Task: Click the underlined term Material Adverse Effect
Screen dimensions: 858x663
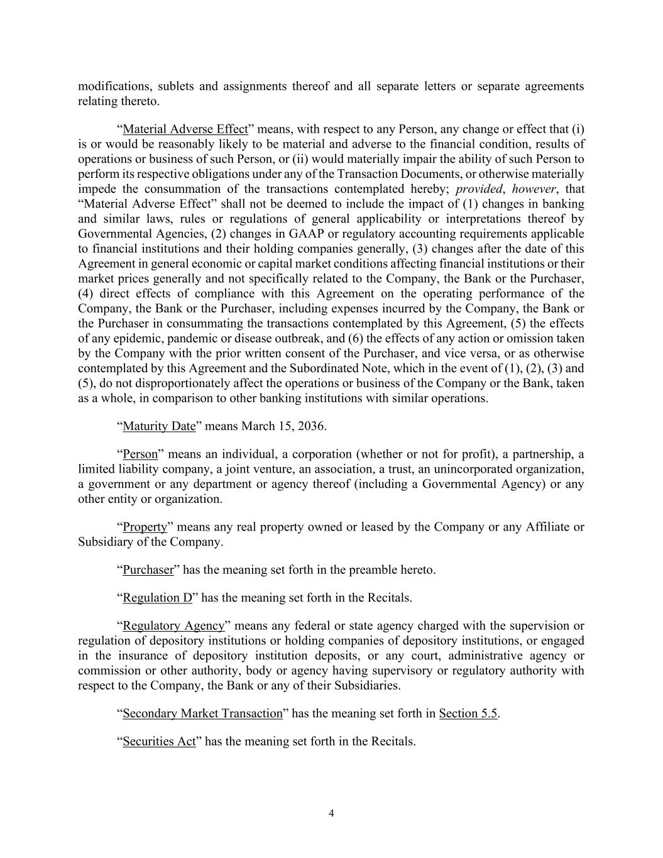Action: coord(185,129)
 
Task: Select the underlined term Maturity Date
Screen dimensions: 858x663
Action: coord(159,426)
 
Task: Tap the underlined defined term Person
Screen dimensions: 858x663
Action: coord(140,454)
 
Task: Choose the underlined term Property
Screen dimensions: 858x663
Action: coord(145,527)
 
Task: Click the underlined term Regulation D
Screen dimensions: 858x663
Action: coord(157,598)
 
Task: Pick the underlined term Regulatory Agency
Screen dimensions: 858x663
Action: coord(173,626)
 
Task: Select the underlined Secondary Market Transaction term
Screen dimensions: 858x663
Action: coord(202,713)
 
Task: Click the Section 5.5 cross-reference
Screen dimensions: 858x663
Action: coord(468,713)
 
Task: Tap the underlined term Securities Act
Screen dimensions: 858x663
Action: coord(159,742)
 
